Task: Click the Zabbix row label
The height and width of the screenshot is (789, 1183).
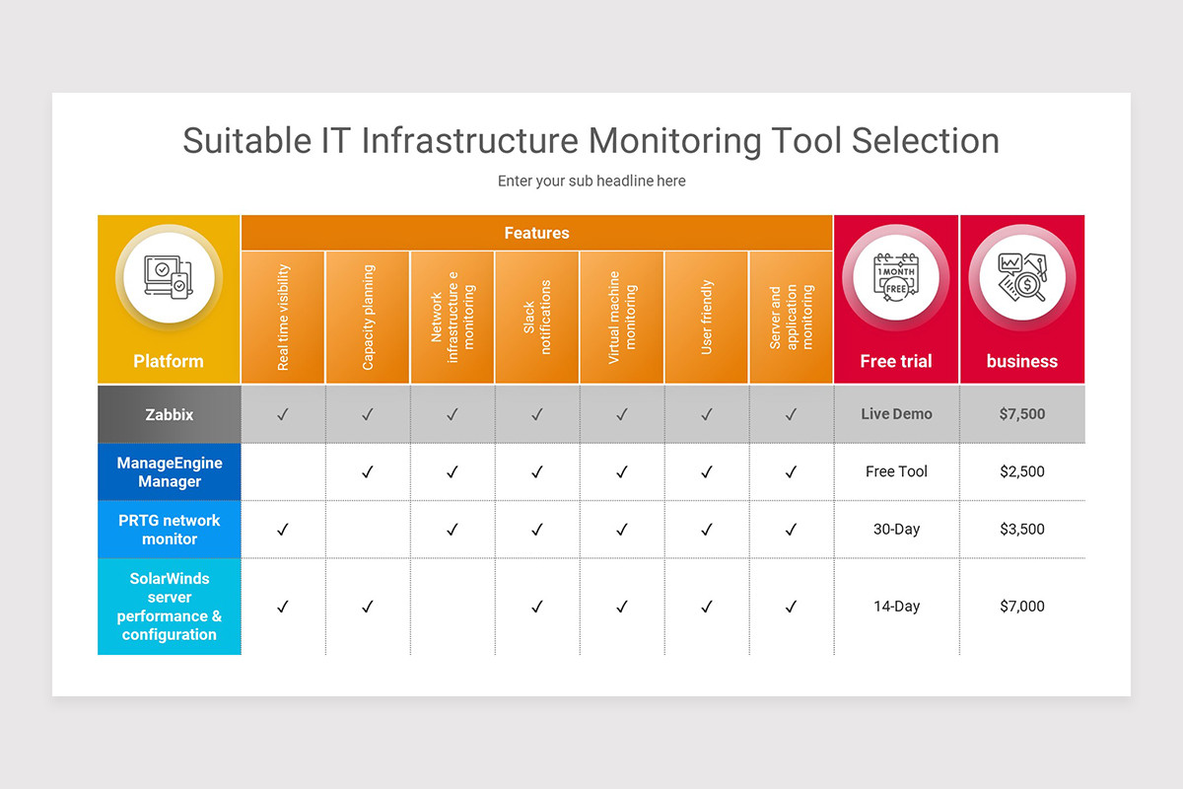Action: (170, 414)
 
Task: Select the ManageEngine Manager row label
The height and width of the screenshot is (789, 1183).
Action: (170, 471)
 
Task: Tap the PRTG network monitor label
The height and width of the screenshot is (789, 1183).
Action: (170, 530)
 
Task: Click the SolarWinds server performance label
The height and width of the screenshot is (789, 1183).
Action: (170, 607)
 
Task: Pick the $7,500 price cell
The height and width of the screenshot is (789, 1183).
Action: (1021, 414)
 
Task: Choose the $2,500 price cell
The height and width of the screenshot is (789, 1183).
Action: (1021, 471)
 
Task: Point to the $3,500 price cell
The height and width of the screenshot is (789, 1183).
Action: (1021, 530)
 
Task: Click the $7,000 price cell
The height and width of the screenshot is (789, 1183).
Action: (1021, 607)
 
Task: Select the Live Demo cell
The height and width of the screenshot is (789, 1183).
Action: (896, 414)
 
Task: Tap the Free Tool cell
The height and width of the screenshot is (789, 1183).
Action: (896, 471)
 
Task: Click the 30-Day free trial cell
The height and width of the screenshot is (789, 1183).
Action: (896, 530)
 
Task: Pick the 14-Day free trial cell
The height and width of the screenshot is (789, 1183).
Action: (896, 607)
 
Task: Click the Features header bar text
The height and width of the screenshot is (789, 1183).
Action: (536, 233)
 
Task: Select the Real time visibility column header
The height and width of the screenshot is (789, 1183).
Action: (283, 318)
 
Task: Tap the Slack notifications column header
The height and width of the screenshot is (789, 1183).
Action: (537, 318)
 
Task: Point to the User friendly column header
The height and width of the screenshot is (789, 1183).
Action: (707, 318)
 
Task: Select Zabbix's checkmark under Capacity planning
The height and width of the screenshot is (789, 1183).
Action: (368, 415)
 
